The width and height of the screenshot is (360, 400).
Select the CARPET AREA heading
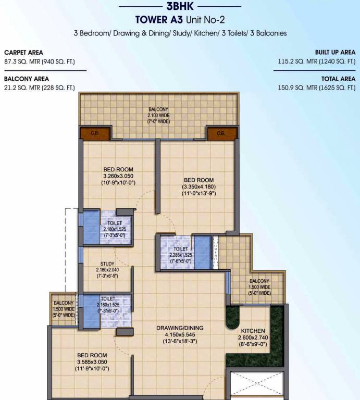23,53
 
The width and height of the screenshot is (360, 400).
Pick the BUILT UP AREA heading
335,53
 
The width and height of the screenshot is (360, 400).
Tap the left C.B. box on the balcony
95,133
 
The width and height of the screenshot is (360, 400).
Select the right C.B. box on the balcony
219,133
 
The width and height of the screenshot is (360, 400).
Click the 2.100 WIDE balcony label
158,115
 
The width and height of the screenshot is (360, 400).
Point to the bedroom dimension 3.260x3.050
118,177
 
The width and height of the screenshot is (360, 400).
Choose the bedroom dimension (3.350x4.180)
198,186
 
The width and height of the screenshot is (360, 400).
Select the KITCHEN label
253,331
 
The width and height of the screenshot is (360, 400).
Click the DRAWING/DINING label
180,328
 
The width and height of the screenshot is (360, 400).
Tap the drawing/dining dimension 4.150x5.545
180,334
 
